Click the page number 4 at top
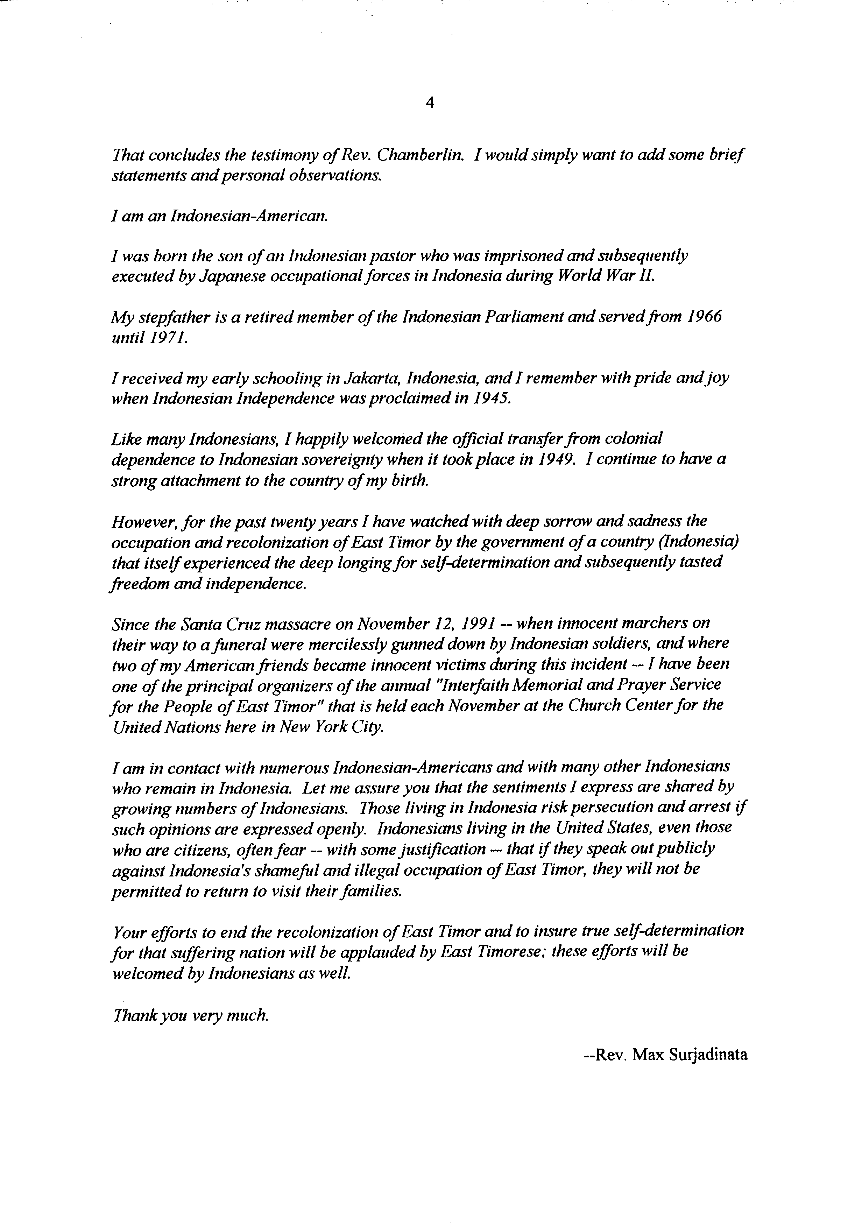pyautogui.click(x=430, y=104)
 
